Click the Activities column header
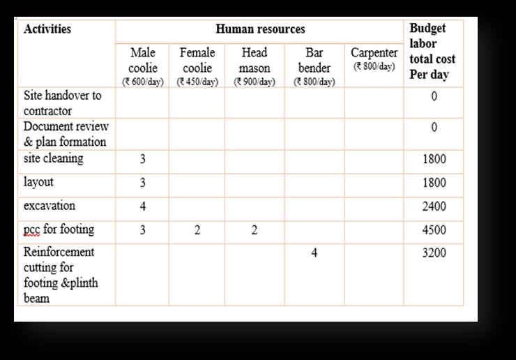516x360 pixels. pos(47,30)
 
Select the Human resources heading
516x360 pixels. pos(260,29)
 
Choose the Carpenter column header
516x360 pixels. pos(374,59)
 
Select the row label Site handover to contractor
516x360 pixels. pos(61,103)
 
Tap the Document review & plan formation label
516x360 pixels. pos(64,134)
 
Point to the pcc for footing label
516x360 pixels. pos(59,230)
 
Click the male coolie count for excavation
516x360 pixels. pos(142,207)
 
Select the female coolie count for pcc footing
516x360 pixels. pos(197,230)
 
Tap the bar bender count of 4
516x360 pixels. pos(314,253)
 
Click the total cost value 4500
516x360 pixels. pos(434,230)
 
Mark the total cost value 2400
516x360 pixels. pos(434,207)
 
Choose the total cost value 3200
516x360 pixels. pos(434,253)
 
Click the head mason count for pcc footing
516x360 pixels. pos(254,230)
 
